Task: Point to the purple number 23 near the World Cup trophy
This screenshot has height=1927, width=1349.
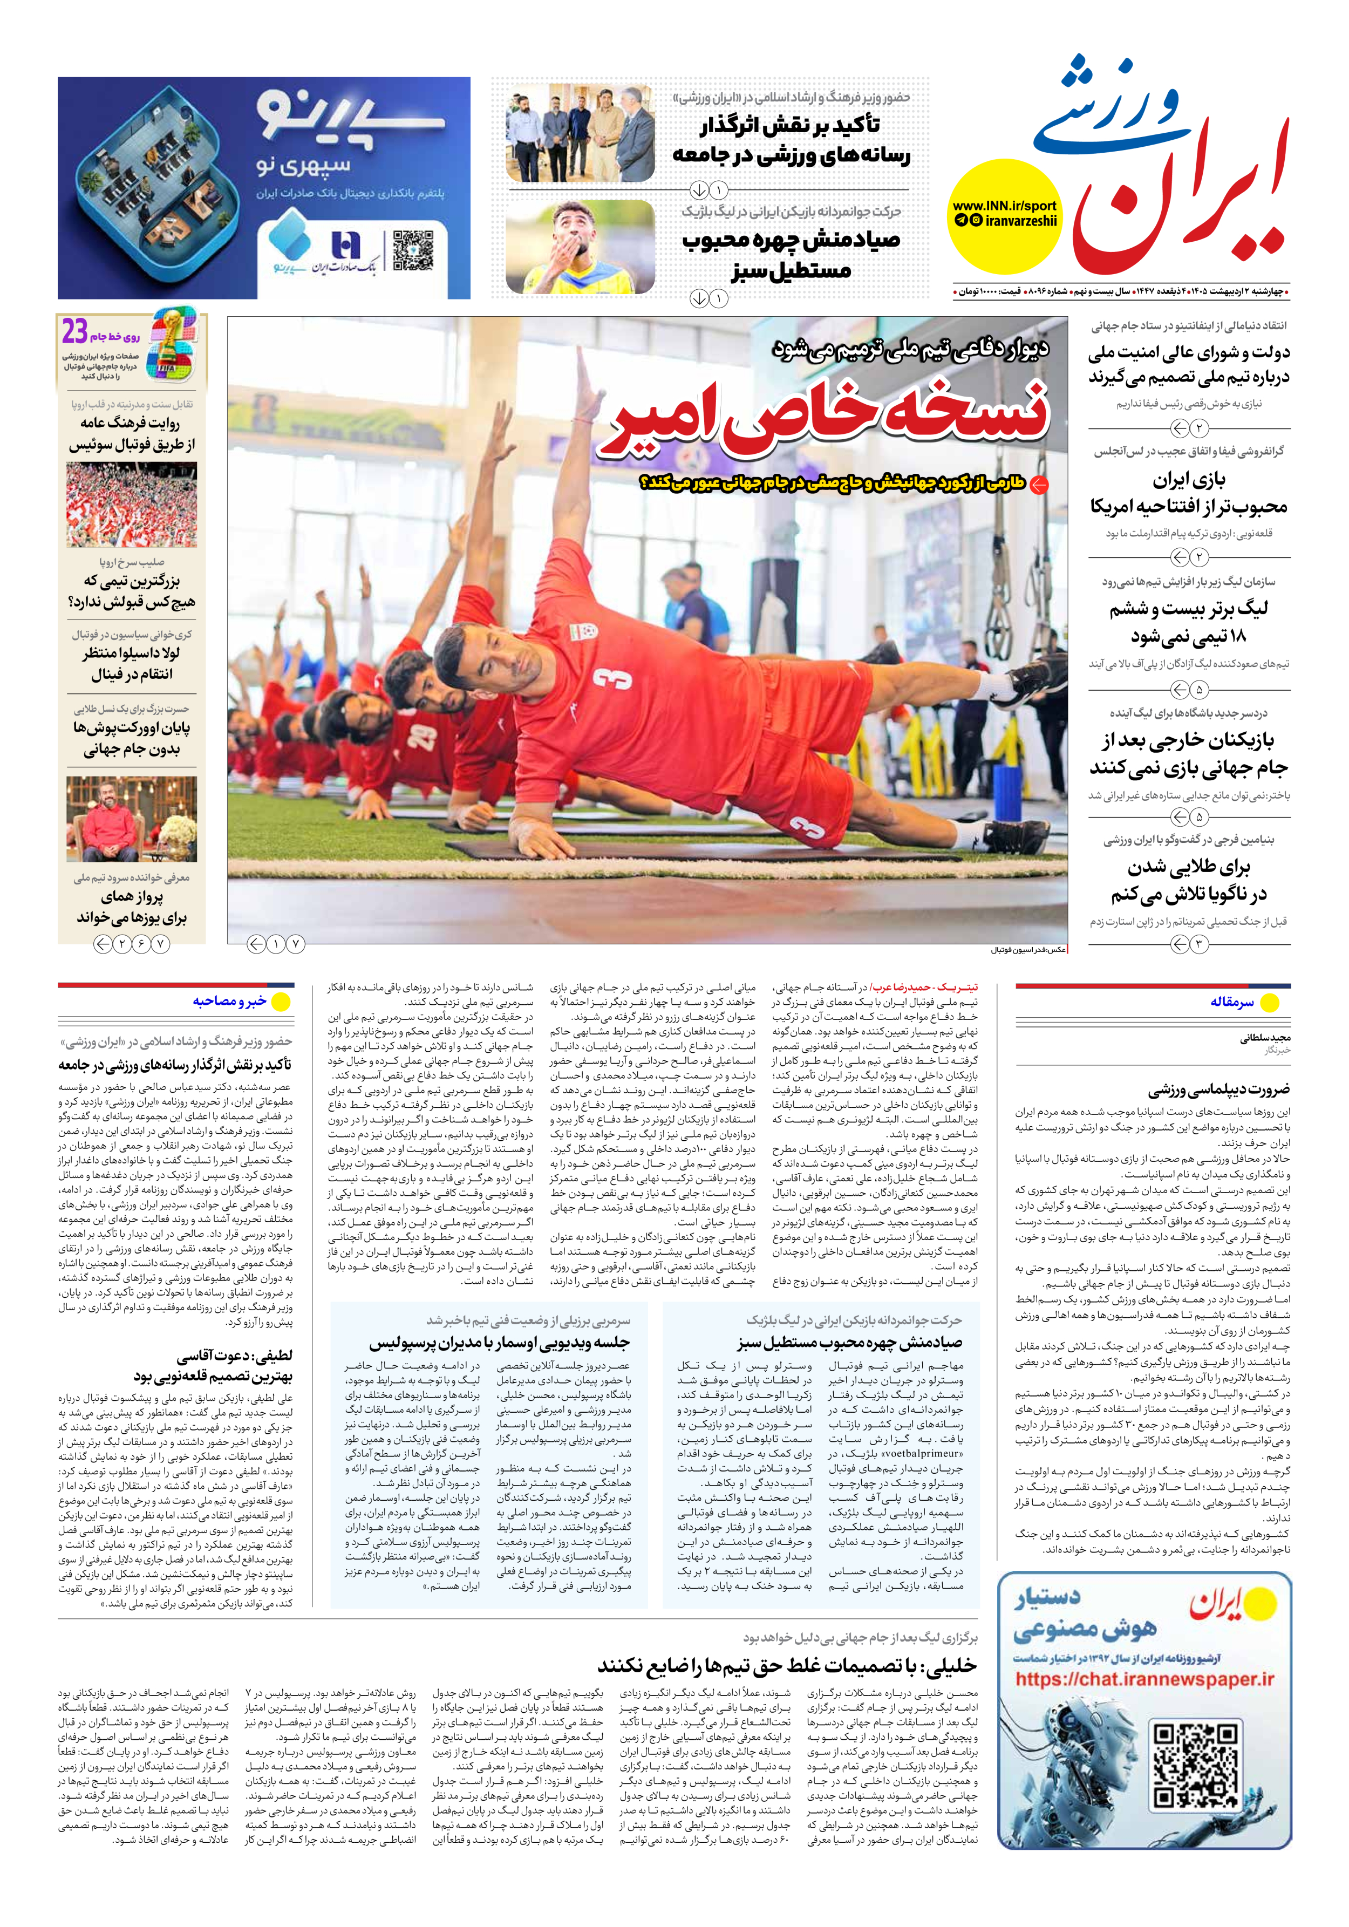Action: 74,333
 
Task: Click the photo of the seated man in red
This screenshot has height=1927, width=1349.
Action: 132,819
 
